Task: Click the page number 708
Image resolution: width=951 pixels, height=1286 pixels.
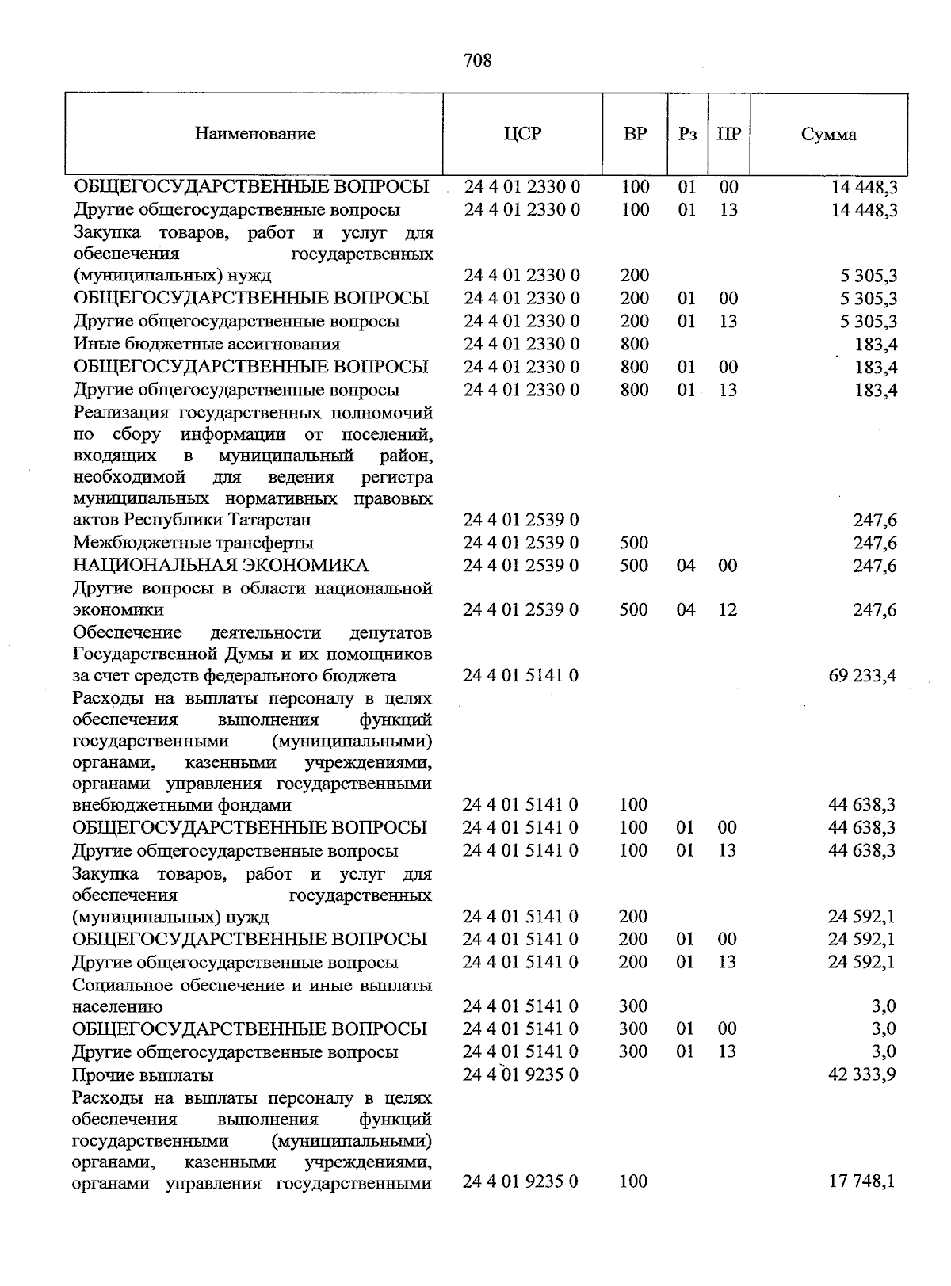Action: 477,60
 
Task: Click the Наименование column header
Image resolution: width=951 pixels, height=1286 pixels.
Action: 255,134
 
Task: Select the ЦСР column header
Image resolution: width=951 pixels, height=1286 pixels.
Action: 522,134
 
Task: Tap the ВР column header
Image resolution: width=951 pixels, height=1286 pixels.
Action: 635,134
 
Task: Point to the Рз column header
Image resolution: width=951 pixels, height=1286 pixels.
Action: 687,134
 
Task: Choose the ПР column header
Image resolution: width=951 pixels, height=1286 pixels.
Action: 728,134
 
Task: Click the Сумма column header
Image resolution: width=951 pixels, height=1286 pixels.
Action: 828,135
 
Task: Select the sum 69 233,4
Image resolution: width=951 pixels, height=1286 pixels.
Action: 862,676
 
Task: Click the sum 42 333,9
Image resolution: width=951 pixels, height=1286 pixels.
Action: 862,1075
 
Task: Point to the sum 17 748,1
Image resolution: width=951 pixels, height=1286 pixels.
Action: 862,1181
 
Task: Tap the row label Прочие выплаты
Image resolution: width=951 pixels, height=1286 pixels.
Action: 143,1075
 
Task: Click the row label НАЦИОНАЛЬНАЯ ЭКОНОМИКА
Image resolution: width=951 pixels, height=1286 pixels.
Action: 220,566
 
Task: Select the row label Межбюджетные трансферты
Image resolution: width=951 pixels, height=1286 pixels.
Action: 193,543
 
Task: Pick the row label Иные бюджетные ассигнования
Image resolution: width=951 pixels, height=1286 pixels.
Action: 207,344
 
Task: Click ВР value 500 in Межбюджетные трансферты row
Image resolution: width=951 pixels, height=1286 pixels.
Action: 633,543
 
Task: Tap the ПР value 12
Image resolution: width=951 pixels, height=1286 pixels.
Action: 728,610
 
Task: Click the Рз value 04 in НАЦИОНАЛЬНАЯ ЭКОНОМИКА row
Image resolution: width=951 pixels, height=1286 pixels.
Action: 686,566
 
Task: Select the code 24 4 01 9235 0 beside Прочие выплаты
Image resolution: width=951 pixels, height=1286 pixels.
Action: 521,1075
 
